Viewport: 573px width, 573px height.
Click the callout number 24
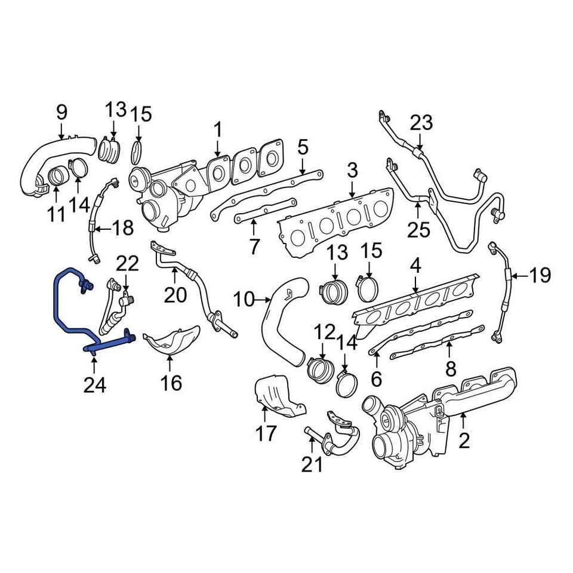(94, 384)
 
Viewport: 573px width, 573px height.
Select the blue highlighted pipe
(60, 310)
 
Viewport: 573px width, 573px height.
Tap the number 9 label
(62, 112)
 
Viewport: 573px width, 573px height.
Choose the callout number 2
(464, 441)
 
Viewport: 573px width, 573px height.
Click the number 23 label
(421, 124)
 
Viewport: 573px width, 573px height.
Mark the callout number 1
(218, 129)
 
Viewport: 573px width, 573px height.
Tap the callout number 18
(124, 229)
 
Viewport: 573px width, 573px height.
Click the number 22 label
(127, 263)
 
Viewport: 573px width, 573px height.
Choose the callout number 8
(451, 368)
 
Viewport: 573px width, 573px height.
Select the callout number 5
(303, 146)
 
